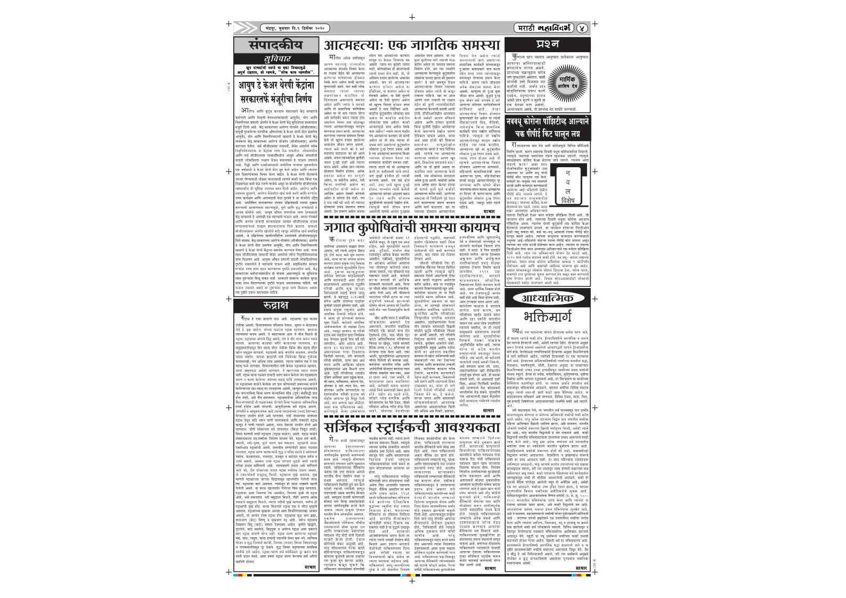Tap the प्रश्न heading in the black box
coord(547,44)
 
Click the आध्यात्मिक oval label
coord(547,298)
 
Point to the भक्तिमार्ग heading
coord(547,317)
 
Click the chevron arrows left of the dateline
coord(248,28)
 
